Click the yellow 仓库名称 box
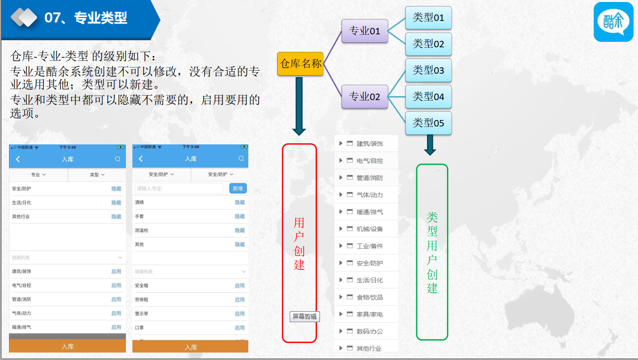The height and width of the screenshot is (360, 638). [x=300, y=64]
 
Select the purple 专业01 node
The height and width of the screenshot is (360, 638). [x=365, y=31]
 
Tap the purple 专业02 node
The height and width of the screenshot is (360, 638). [x=365, y=97]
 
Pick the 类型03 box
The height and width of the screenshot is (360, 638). [x=428, y=70]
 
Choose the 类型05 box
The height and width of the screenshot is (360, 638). [x=428, y=123]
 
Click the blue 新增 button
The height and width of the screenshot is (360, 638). [x=238, y=188]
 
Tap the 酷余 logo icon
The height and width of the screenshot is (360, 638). [x=614, y=22]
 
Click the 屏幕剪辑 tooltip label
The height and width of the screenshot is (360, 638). [x=305, y=316]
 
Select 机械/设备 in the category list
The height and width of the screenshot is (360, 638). [x=370, y=229]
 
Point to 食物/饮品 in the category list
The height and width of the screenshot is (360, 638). [x=370, y=297]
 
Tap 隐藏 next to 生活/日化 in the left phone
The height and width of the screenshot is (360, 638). [x=116, y=203]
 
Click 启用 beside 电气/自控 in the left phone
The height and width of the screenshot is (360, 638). [x=116, y=285]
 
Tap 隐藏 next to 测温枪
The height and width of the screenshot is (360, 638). [x=240, y=231]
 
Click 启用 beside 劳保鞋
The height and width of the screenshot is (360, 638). [x=240, y=300]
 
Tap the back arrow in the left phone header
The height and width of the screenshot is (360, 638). [x=18, y=159]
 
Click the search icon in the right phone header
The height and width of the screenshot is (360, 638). [x=241, y=159]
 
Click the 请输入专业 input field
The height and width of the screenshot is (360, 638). [x=179, y=188]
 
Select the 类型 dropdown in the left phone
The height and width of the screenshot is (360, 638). [x=97, y=175]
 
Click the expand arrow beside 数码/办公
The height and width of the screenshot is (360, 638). [x=340, y=331]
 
